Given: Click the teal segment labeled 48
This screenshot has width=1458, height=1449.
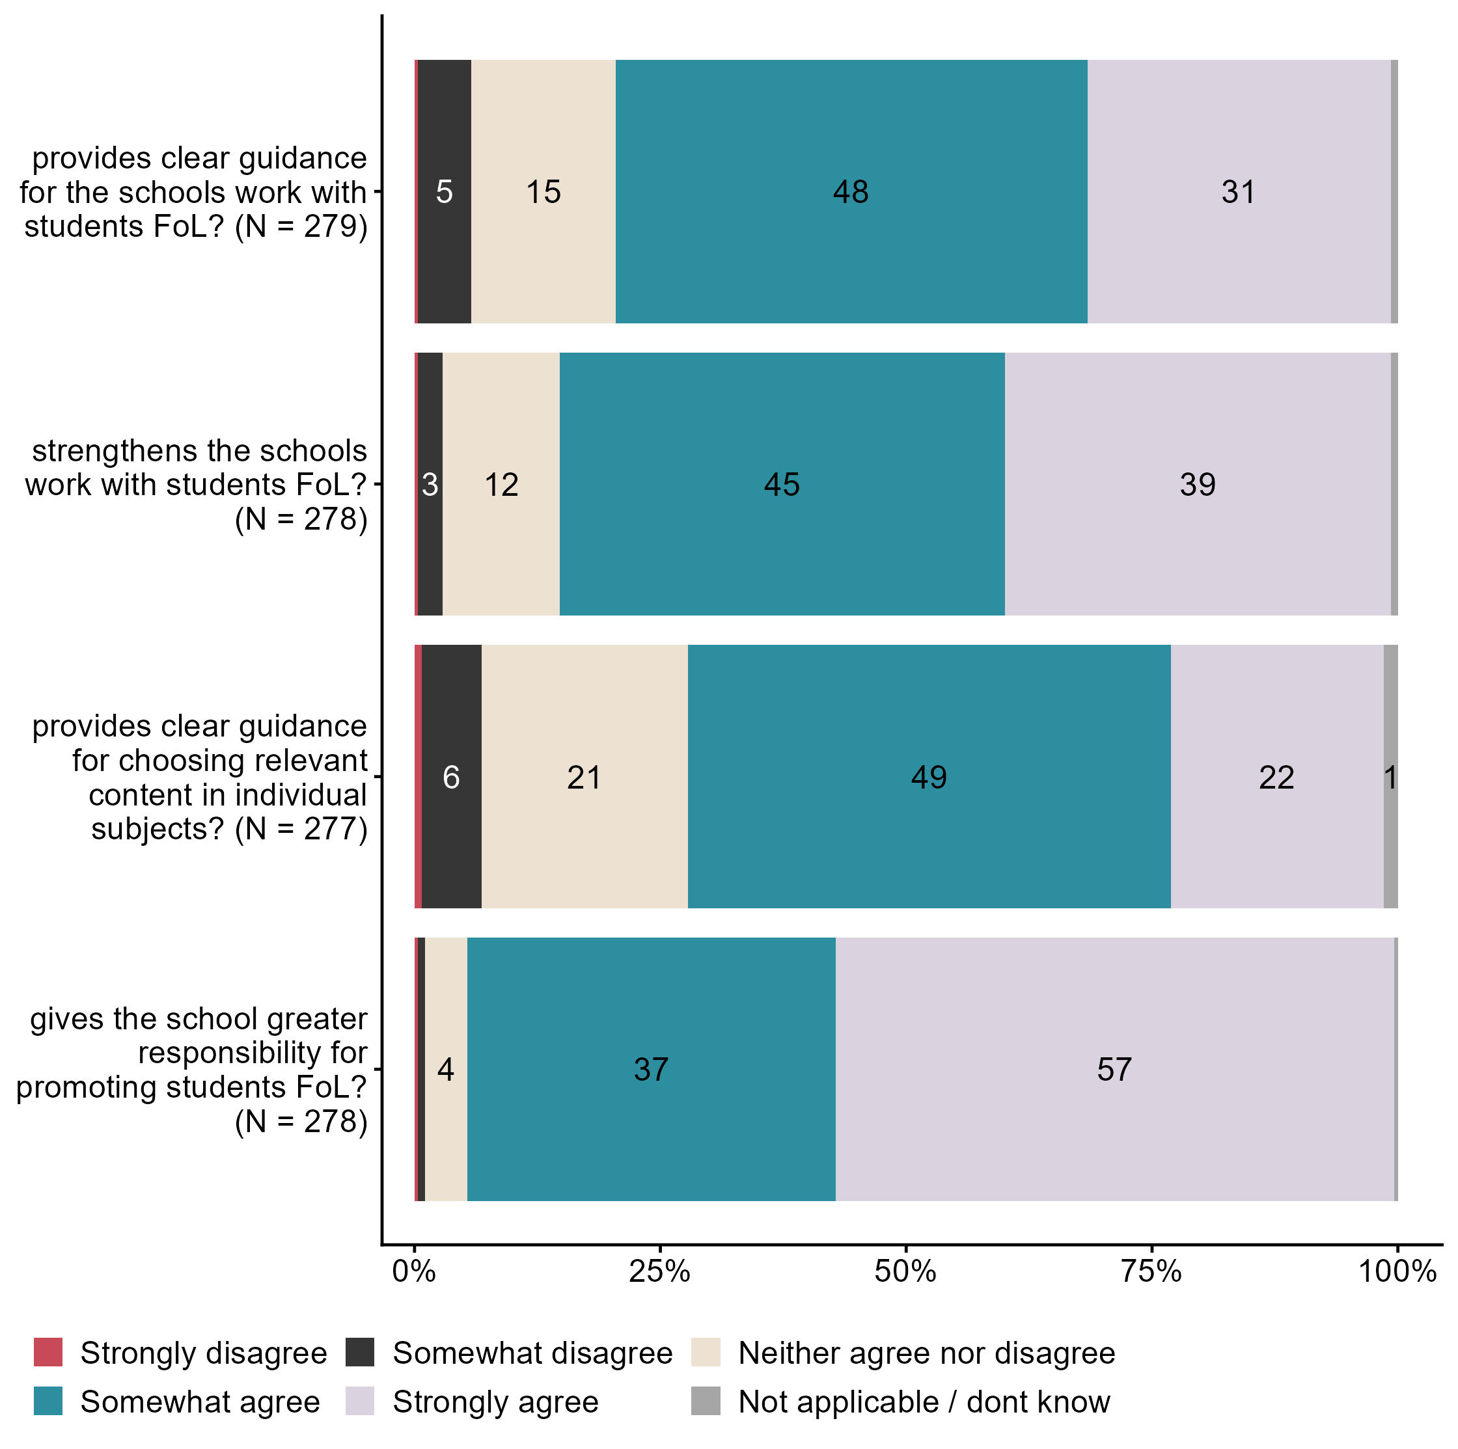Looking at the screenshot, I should pyautogui.click(x=851, y=191).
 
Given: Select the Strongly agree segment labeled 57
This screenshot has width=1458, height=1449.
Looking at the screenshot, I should pyautogui.click(x=1114, y=1069).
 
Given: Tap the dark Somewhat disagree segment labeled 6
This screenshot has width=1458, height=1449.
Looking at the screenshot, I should pyautogui.click(x=451, y=776).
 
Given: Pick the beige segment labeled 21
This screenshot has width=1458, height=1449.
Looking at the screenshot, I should pyautogui.click(x=584, y=776).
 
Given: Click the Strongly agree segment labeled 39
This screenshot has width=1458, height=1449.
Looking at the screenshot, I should pyautogui.click(x=1198, y=484).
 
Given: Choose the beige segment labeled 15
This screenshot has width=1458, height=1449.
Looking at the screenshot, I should pyautogui.click(x=543, y=191).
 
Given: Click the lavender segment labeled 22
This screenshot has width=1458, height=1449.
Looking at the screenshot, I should pyautogui.click(x=1277, y=776).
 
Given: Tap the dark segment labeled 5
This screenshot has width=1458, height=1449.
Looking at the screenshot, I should pyautogui.click(x=445, y=191).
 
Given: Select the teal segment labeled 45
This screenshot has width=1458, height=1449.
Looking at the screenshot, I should pyautogui.click(x=782, y=484).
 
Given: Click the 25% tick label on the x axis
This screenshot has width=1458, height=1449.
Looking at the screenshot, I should pyautogui.click(x=659, y=1272).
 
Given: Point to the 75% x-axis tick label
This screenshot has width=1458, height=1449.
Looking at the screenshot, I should pyautogui.click(x=1151, y=1272).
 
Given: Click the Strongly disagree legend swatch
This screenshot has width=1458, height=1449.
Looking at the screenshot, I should pyautogui.click(x=48, y=1353).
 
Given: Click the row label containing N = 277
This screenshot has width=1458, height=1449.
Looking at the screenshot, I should pyautogui.click(x=200, y=777).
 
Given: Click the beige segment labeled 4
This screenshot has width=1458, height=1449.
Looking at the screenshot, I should pyautogui.click(x=446, y=1069).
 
